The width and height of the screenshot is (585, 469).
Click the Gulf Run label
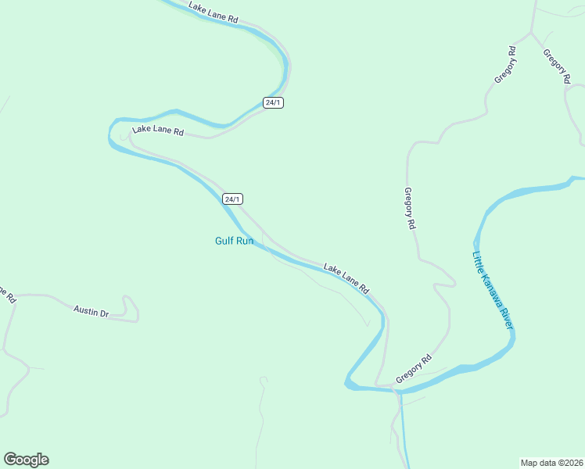click(x=234, y=241)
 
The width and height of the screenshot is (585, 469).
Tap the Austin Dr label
click(x=91, y=311)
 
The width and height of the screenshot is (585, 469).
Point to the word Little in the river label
click(x=478, y=259)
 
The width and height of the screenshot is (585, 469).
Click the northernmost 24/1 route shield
click(x=273, y=103)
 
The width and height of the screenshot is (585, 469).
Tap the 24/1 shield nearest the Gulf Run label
click(x=232, y=199)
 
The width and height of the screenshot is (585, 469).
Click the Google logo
click(x=26, y=460)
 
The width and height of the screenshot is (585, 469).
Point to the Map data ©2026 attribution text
click(x=551, y=463)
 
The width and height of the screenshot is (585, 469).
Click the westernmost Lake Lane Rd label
click(x=157, y=131)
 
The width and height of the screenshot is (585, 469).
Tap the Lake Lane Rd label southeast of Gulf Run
click(x=346, y=278)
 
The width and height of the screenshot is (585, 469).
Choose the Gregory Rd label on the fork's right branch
click(x=556, y=66)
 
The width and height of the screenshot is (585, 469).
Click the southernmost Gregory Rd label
click(x=414, y=369)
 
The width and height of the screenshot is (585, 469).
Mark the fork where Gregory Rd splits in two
click(x=532, y=34)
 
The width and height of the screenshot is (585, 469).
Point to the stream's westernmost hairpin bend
click(x=111, y=134)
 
